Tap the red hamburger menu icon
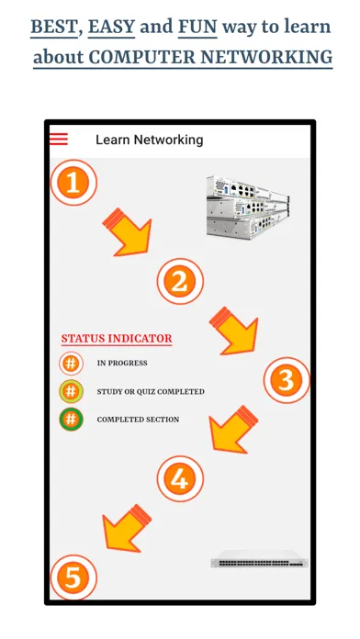click(59, 140)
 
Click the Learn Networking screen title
click(150, 140)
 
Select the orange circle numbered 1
click(73, 184)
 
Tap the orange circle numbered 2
click(179, 281)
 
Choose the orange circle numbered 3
click(287, 380)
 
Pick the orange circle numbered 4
click(180, 477)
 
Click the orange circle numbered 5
click(73, 577)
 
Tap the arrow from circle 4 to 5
click(126, 527)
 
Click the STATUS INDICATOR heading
click(117, 339)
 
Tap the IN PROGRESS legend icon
click(72, 364)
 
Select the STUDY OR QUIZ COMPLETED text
click(151, 392)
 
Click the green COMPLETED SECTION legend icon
click(72, 420)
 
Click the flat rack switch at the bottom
click(259, 561)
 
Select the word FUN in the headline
click(197, 27)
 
